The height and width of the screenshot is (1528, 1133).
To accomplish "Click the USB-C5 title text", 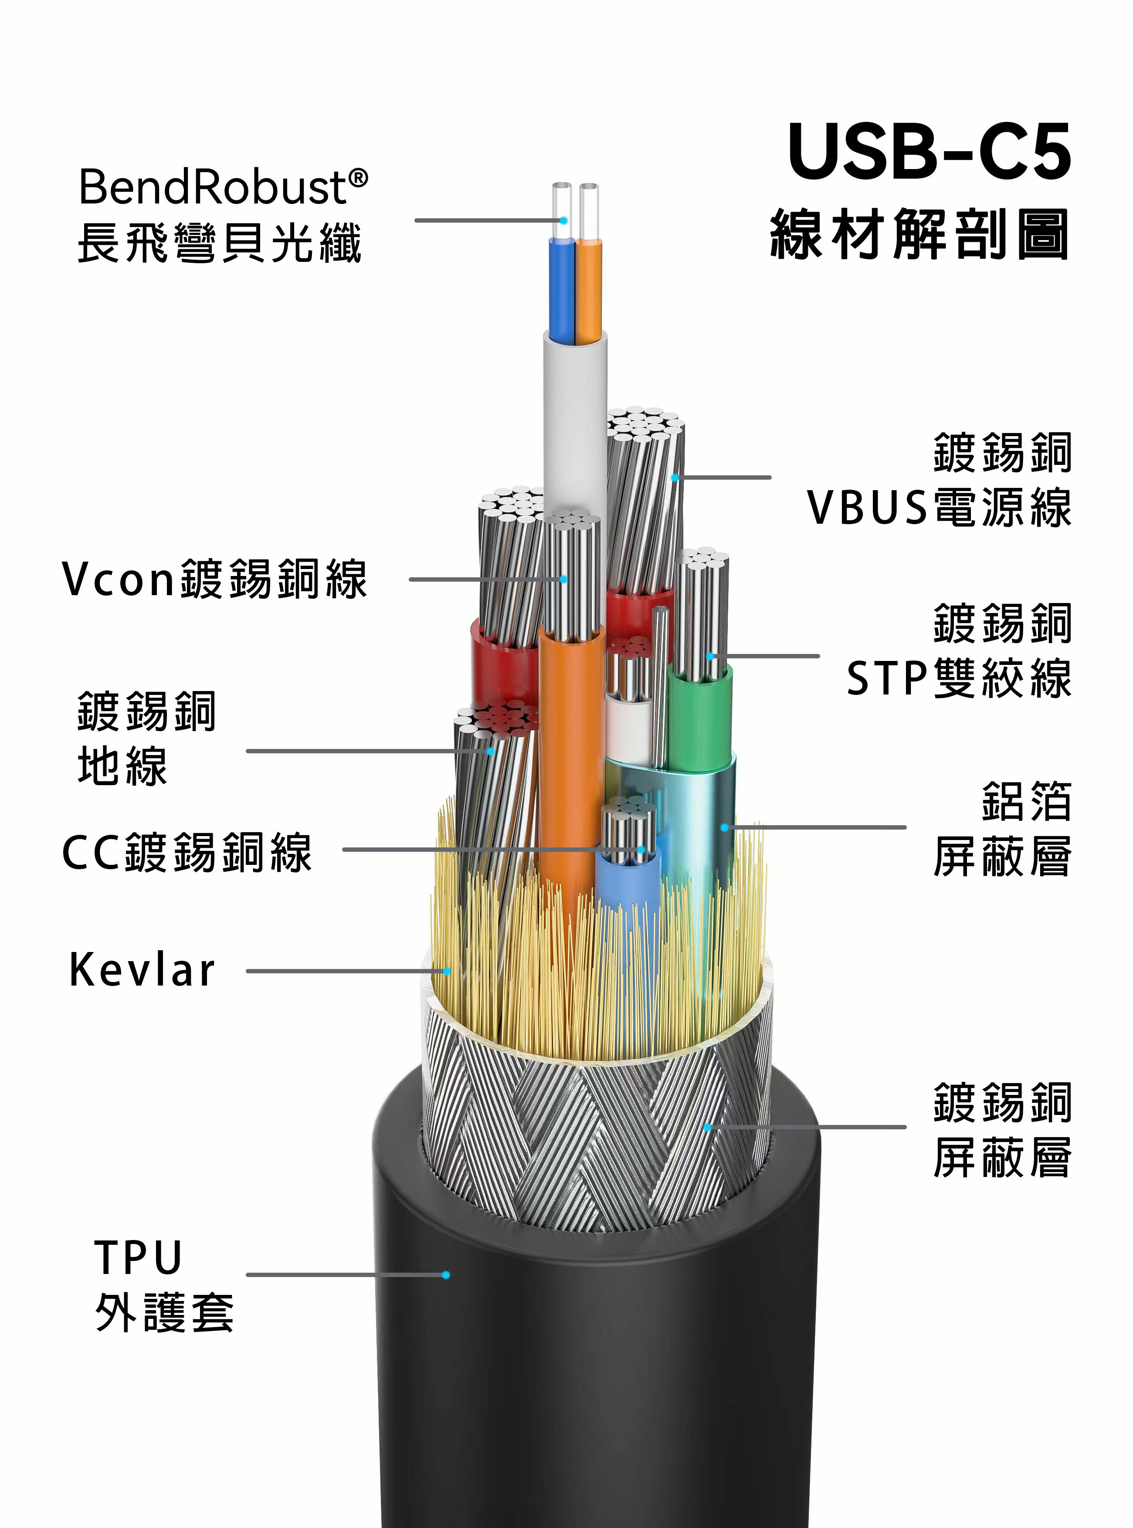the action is point(929,152).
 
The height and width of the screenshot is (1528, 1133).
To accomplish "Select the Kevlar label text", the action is point(142,970).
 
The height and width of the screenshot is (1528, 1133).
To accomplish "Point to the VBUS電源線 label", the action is point(939,508).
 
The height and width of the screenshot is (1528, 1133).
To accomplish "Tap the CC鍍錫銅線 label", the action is point(187,853).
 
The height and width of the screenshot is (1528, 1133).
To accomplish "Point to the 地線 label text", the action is point(122,766).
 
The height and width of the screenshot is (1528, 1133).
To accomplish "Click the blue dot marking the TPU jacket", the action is point(446,1275).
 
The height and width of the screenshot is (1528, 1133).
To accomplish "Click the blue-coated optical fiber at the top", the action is point(561,288).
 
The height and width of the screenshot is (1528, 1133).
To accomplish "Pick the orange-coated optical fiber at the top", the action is point(588,288).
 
